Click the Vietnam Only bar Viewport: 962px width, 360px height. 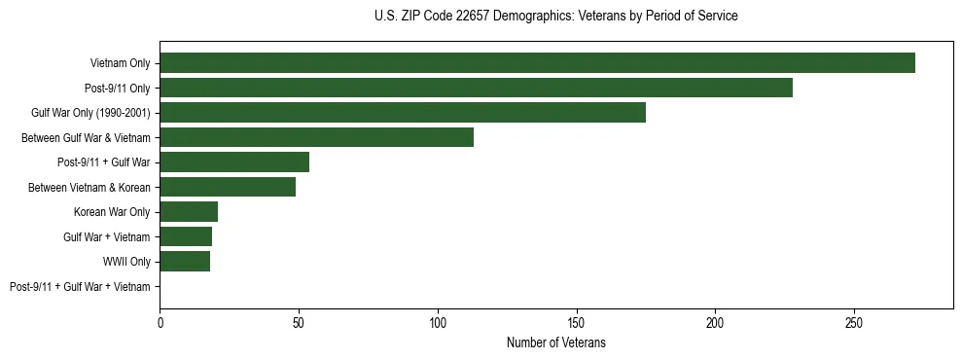537,63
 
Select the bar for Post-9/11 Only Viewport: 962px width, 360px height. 476,88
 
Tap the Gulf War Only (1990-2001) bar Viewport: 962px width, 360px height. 403,113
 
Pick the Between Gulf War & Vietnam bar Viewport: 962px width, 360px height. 316,137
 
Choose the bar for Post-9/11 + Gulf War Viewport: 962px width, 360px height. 234,162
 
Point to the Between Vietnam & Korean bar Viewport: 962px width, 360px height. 228,187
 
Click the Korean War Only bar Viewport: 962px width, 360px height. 189,212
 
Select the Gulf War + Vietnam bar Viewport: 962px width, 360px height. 186,236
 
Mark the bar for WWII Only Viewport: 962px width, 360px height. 185,262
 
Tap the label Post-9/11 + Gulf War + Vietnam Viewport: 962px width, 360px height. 80,287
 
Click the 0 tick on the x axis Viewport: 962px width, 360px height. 160,321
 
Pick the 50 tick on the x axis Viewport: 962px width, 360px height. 299,321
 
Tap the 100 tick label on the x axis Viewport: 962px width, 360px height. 438,321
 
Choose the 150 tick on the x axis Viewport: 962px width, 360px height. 577,321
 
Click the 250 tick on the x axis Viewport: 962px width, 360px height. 854,321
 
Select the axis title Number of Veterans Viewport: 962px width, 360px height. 556,342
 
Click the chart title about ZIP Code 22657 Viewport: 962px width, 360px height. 555,17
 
